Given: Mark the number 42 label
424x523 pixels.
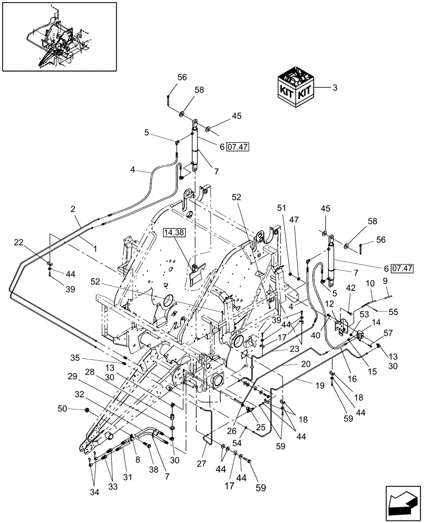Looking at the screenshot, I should (x=351, y=287).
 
